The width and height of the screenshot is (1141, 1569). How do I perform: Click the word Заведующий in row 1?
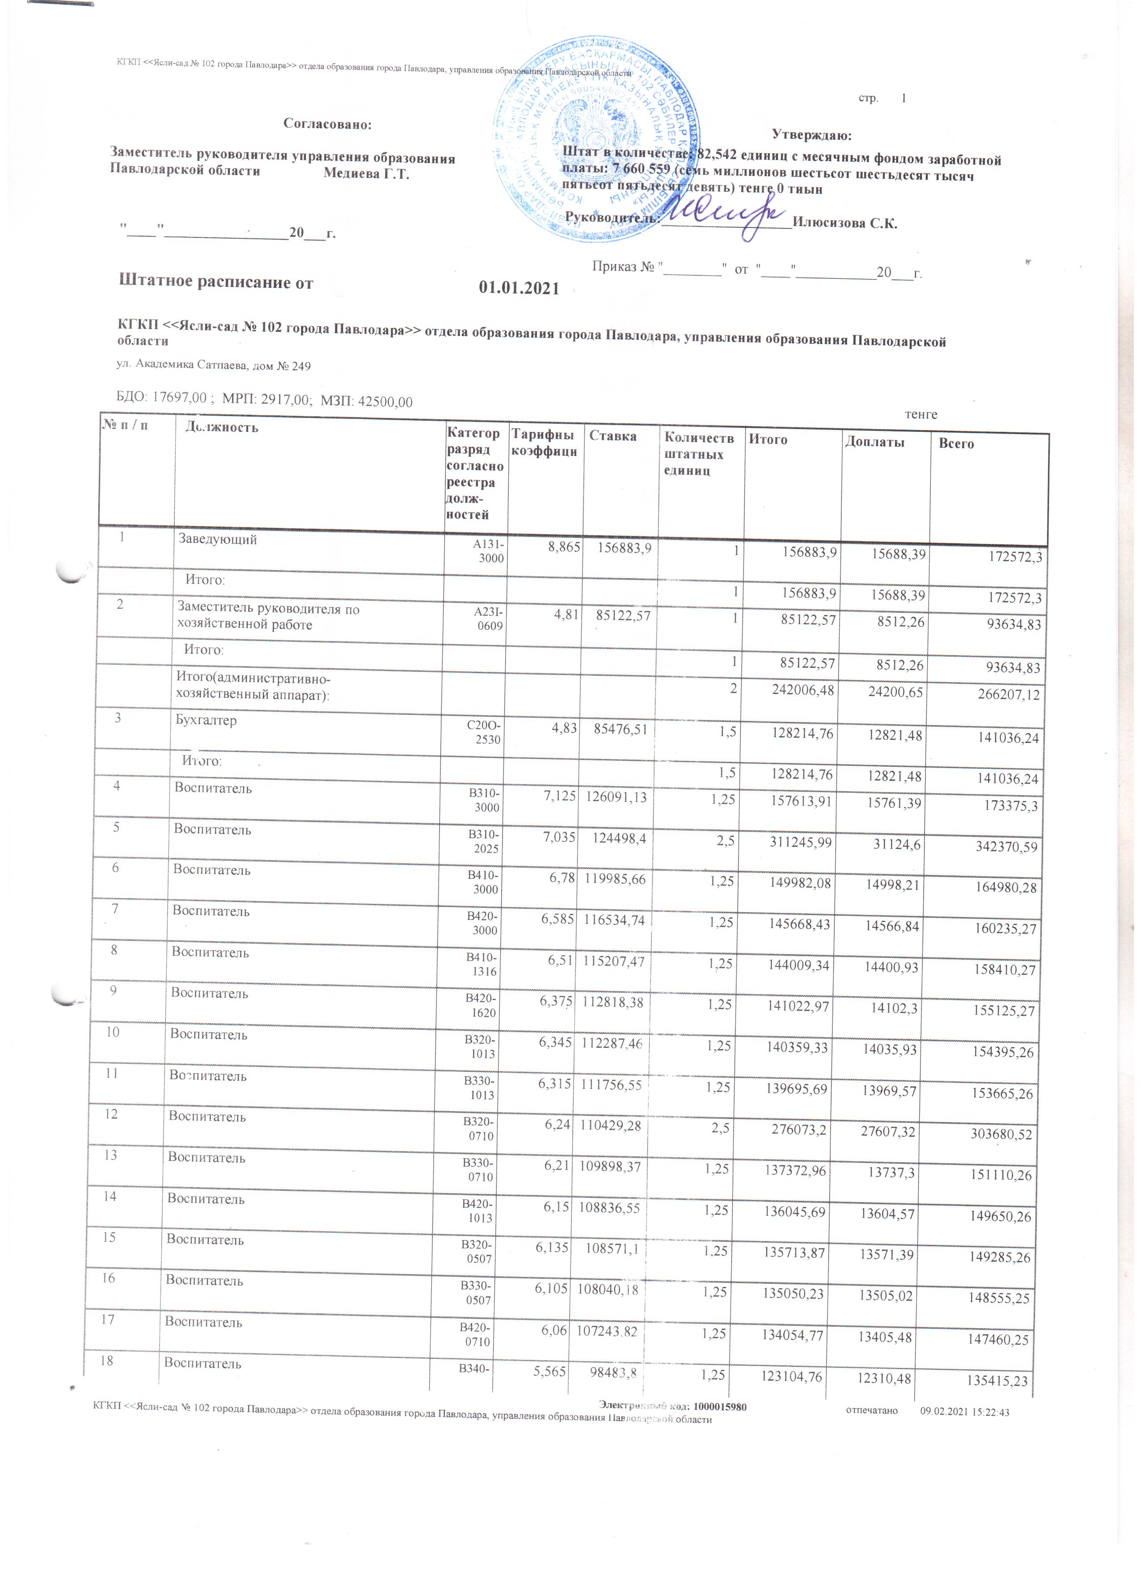(217, 539)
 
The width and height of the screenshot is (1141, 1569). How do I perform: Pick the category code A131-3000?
(489, 551)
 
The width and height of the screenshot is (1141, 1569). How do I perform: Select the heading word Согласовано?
(327, 125)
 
